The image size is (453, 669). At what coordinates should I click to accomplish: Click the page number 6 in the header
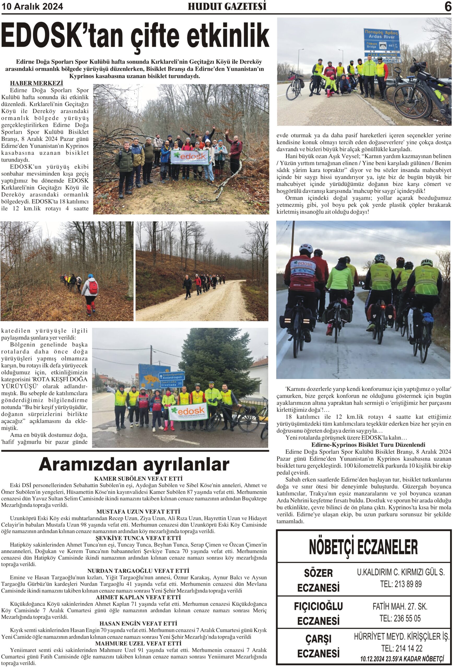(x=448, y=7)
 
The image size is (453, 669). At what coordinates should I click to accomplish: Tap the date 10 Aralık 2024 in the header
(x=32, y=6)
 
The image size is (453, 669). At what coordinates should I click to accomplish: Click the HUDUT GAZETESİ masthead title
(x=227, y=6)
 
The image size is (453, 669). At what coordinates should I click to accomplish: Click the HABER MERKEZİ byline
(x=36, y=83)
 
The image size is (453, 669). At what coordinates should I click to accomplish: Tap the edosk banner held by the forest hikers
(x=190, y=157)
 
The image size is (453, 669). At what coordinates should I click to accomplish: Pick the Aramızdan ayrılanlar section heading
(x=134, y=464)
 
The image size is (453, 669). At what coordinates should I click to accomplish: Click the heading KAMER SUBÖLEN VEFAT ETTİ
(x=138, y=478)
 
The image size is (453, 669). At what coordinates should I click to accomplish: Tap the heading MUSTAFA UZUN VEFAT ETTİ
(x=138, y=511)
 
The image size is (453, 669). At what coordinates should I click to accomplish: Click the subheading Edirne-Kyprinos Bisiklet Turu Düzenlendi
(x=364, y=445)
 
